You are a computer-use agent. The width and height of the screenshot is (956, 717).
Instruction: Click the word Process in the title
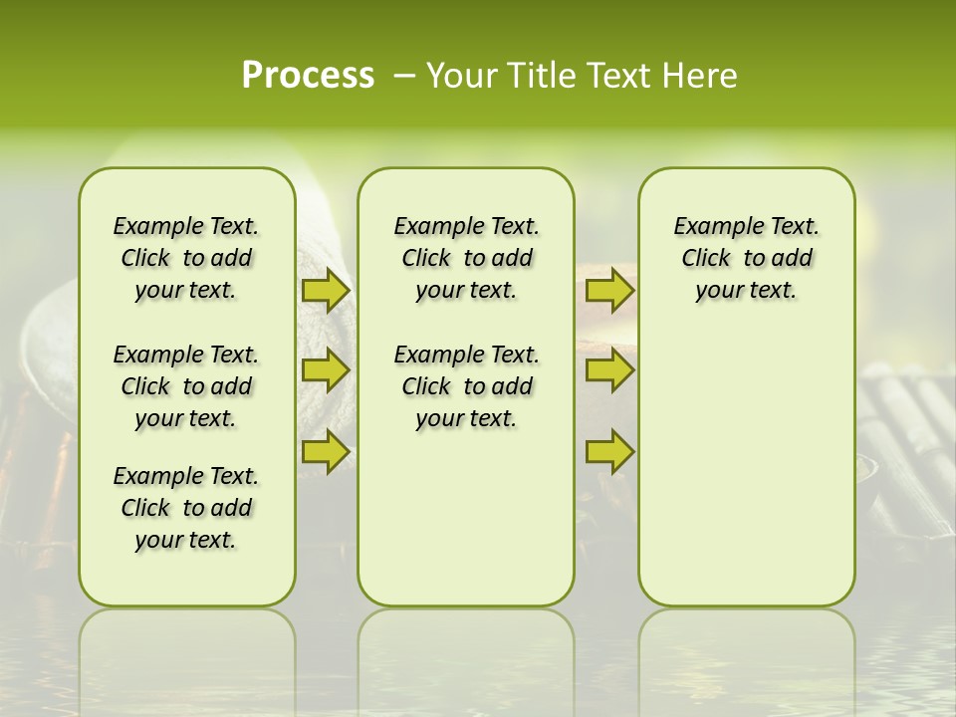pyautogui.click(x=308, y=75)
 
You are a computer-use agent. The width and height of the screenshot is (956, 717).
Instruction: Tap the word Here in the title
pyautogui.click(x=701, y=75)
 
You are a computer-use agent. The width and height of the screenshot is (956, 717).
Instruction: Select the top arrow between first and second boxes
pyautogui.click(x=325, y=291)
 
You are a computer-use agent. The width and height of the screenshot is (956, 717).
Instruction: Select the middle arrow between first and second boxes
pyautogui.click(x=325, y=371)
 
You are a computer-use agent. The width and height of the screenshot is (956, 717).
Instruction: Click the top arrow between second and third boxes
pyautogui.click(x=609, y=291)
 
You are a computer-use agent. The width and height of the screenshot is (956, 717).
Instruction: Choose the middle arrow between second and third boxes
pyautogui.click(x=609, y=371)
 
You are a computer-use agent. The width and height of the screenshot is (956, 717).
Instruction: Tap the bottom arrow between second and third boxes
pyautogui.click(x=609, y=452)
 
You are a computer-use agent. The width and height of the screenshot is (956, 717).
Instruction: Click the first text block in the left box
pyautogui.click(x=186, y=258)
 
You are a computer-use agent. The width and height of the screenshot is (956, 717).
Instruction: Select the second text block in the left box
pyautogui.click(x=186, y=386)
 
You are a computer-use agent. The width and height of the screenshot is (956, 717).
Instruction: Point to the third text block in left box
pyautogui.click(x=186, y=508)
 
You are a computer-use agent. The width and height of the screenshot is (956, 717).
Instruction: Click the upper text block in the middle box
pyautogui.click(x=466, y=258)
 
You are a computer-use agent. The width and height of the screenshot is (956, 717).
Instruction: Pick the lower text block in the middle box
pyautogui.click(x=466, y=386)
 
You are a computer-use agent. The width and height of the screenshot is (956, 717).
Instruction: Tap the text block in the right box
pyautogui.click(x=746, y=258)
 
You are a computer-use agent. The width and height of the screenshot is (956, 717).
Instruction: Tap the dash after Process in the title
pyautogui.click(x=404, y=76)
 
